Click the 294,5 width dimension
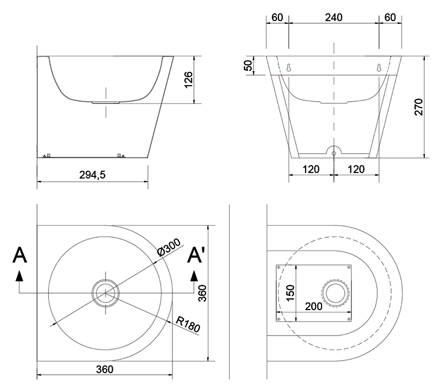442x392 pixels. click(92, 175)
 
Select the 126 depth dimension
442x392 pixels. click(188, 80)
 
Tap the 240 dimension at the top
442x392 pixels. click(334, 18)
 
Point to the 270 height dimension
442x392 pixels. click(419, 107)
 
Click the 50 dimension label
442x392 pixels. click(248, 65)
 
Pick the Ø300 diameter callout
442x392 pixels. click(169, 248)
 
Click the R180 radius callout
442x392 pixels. click(188, 324)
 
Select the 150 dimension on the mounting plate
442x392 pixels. click(290, 293)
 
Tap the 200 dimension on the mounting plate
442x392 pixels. click(313, 306)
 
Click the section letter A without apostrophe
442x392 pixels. click(20, 255)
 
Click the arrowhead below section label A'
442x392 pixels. click(194, 276)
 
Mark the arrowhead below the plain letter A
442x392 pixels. click(19, 276)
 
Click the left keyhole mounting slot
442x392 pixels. click(288, 67)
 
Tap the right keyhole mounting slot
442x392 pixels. click(379, 67)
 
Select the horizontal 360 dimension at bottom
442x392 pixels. click(104, 369)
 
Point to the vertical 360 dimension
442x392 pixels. click(202, 293)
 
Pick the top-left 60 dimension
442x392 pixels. click(277, 18)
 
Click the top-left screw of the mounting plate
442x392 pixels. click(279, 267)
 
